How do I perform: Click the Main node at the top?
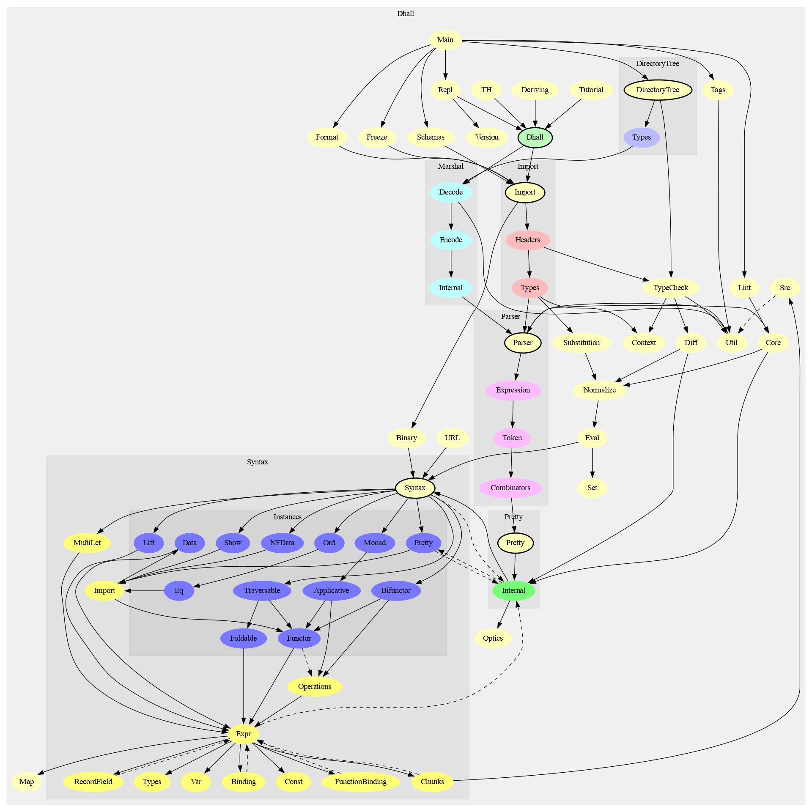445,40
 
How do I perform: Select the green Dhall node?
535,137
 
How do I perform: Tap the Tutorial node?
591,90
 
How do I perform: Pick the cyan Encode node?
451,240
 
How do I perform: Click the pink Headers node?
527,240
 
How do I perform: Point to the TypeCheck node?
670,288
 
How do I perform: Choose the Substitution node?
581,343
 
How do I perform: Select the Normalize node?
599,390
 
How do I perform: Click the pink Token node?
512,438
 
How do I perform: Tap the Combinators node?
510,488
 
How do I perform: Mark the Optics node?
493,638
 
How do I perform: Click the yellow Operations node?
314,686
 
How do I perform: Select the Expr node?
243,734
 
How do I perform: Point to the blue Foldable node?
243,638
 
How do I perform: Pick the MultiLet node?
87,543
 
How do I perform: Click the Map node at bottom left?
26,782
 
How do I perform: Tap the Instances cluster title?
287,517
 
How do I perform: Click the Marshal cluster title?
450,166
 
